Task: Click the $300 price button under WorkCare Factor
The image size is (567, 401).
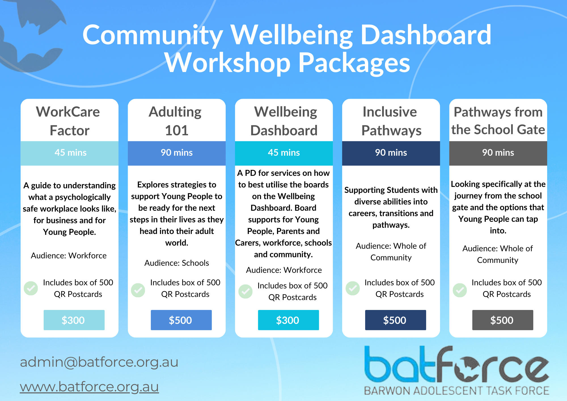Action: [x=74, y=320]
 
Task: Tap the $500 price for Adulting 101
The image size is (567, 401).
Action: [x=181, y=320]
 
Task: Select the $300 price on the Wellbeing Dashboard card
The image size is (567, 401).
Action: [x=288, y=320]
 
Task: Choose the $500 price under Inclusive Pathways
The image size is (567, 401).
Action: [x=395, y=320]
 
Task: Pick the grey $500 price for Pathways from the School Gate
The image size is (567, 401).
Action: [x=503, y=320]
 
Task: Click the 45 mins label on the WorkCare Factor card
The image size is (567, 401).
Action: [x=71, y=153]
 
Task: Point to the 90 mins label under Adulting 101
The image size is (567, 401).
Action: [x=177, y=153]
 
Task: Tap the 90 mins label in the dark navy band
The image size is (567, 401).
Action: [x=391, y=153]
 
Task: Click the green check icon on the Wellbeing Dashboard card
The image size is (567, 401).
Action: [x=246, y=291]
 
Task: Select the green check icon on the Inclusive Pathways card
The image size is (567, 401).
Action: [x=353, y=288]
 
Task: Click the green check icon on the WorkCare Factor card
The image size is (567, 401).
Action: [x=31, y=288]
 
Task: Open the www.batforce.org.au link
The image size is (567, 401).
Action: [x=89, y=387]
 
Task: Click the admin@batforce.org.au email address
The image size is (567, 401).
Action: [x=99, y=362]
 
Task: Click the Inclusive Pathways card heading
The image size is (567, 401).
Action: [x=391, y=121]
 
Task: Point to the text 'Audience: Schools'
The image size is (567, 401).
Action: [x=177, y=263]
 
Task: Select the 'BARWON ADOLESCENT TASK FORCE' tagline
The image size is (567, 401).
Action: [x=456, y=391]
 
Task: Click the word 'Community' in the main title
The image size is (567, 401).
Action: [x=153, y=35]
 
